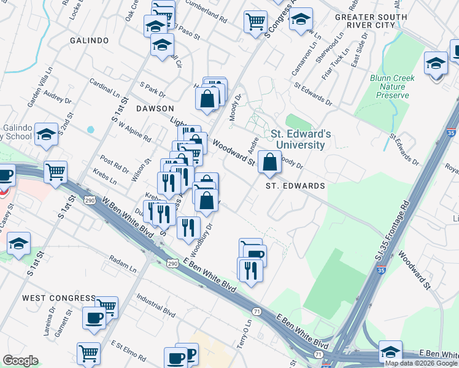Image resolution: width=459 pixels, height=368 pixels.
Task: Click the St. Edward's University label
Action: click(297, 139)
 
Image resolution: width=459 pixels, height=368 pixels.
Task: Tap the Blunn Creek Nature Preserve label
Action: click(392, 86)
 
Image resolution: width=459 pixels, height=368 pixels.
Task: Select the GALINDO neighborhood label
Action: click(89, 40)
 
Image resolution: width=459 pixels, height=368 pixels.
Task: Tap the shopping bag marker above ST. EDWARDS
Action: click(269, 163)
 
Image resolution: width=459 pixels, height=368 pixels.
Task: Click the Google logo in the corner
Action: click(20, 361)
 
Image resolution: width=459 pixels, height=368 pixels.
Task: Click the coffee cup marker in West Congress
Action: click(94, 318)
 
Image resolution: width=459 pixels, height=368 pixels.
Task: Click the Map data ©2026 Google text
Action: click(422, 363)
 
